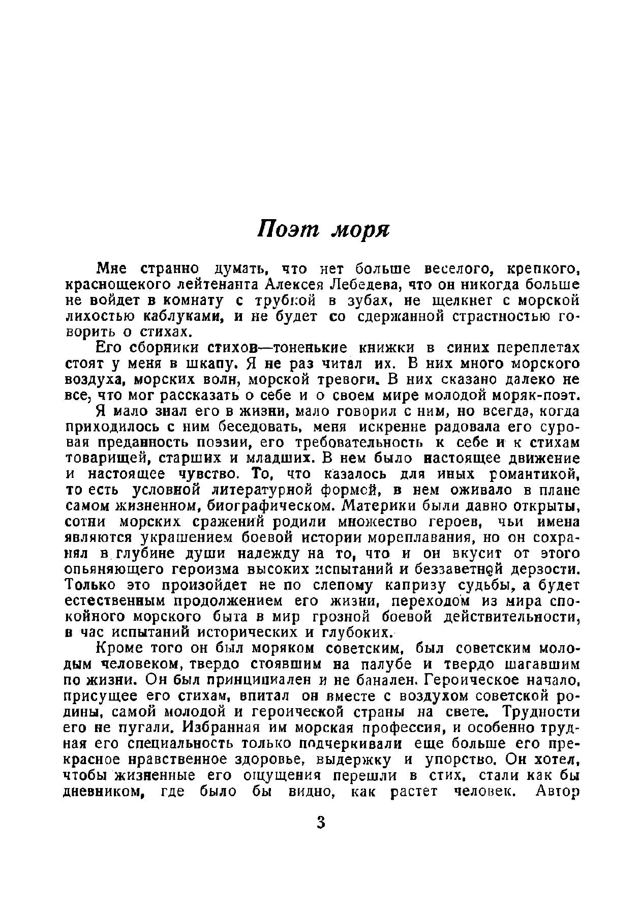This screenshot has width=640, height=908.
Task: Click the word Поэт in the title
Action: tap(287, 230)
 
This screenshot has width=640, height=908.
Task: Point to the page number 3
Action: tap(320, 823)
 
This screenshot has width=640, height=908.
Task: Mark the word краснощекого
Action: tap(119, 284)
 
